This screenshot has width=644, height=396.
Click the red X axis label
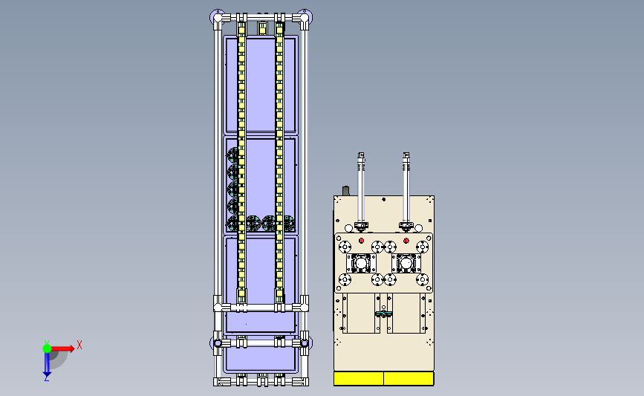click(x=79, y=345)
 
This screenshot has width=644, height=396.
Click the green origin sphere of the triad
click(x=48, y=348)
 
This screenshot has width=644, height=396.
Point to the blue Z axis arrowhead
click(x=47, y=374)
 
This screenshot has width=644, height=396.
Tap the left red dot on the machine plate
click(x=362, y=241)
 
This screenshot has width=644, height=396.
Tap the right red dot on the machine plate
click(x=406, y=241)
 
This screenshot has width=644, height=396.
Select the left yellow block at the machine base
click(x=359, y=378)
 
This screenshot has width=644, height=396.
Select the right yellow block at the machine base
click(x=409, y=378)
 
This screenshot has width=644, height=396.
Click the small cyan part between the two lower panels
click(x=383, y=314)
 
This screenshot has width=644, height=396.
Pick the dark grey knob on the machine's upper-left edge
click(x=346, y=191)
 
